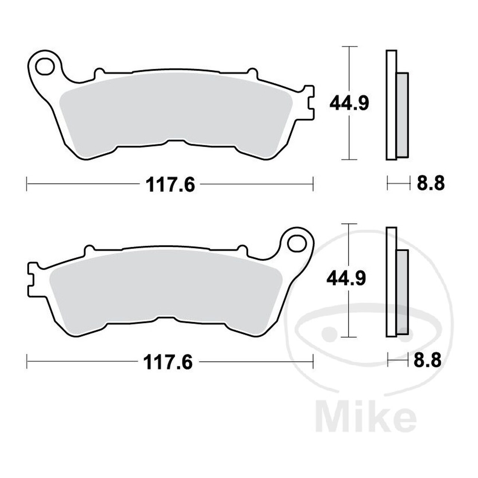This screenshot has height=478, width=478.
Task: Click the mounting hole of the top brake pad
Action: click(x=45, y=66)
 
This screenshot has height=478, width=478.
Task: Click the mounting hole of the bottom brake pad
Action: click(x=297, y=243)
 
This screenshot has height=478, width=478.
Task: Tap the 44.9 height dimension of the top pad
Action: click(x=349, y=103)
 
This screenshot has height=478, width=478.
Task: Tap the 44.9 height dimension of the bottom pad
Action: click(x=346, y=279)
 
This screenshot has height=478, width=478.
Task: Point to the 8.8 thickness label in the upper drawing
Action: click(x=431, y=184)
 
